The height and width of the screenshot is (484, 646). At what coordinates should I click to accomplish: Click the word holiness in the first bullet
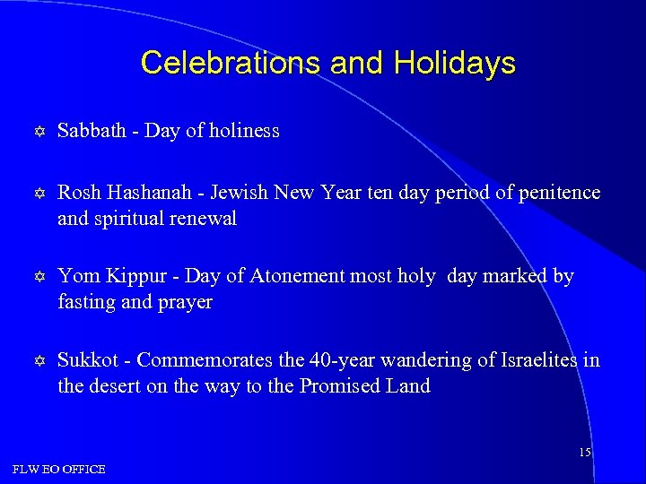tap(244, 131)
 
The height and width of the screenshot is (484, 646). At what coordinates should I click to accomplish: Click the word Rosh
tap(78, 193)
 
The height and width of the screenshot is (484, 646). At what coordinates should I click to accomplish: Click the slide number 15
tap(584, 453)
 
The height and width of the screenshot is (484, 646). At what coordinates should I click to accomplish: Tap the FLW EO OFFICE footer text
tap(59, 470)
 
